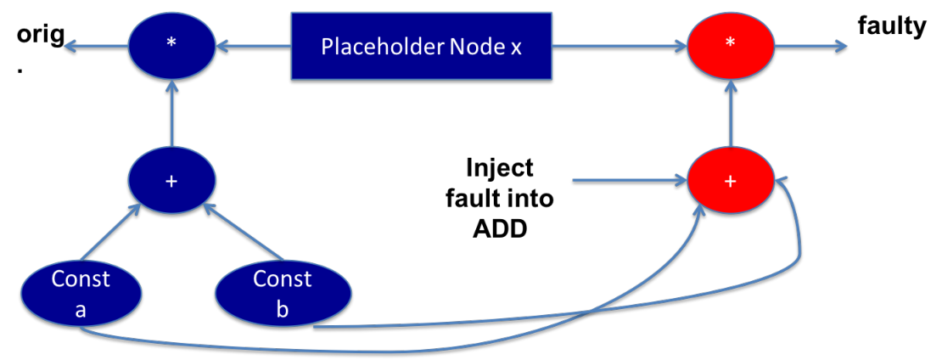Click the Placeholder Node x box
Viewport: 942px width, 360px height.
click(x=422, y=47)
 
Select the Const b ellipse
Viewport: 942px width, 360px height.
click(x=283, y=294)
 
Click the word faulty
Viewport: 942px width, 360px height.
click(x=891, y=28)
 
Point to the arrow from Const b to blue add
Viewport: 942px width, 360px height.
click(x=243, y=232)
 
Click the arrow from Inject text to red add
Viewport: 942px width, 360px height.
click(x=631, y=180)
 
